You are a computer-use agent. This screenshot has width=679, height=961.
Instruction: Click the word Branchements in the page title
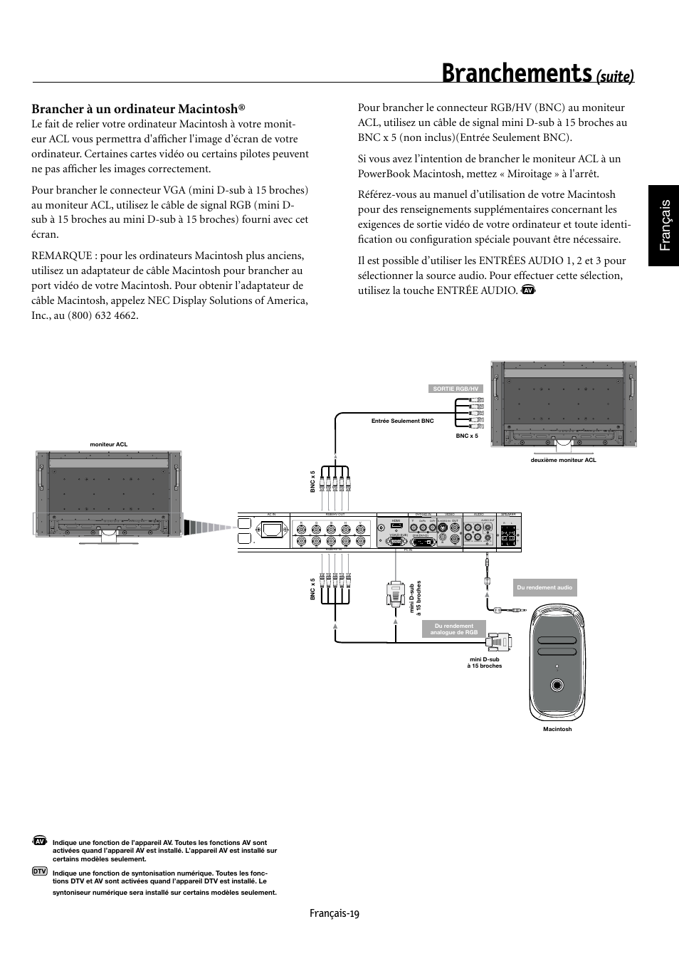coord(517,73)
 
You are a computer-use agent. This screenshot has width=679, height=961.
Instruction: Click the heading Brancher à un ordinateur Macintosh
coord(138,109)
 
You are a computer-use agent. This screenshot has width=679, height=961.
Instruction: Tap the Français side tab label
coord(664,224)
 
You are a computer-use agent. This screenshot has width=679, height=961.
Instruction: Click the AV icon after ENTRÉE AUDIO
coord(527,290)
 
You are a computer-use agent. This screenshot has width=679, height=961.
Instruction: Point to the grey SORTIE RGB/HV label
coord(457,389)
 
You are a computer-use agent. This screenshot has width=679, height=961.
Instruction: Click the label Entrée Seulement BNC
coord(402,421)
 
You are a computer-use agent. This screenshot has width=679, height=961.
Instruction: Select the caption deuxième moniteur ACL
coord(563,460)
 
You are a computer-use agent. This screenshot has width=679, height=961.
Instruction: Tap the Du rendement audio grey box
coord(544,587)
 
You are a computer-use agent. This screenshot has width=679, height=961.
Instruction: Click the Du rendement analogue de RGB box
coord(453,629)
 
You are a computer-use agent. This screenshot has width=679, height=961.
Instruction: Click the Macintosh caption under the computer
coord(557,729)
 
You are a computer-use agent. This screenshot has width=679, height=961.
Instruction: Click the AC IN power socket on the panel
coord(272,530)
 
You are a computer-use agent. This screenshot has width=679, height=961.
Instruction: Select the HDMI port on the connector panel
coord(396,525)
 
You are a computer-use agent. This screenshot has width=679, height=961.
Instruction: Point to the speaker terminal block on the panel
coord(507,535)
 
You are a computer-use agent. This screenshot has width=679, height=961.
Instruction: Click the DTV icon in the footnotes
coord(40,871)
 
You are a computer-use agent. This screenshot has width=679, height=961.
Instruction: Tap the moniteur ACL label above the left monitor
coord(108,444)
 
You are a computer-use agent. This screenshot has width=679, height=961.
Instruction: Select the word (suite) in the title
coord(615,75)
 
